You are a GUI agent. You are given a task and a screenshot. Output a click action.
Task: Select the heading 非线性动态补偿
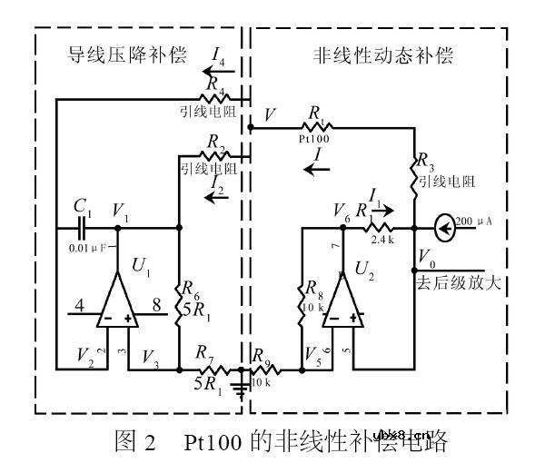coord(373,54)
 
